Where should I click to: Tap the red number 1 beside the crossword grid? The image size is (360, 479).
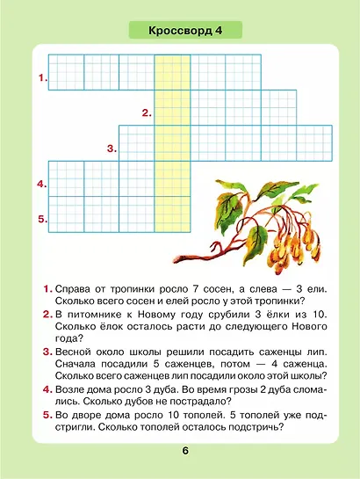pyautogui.click(x=41, y=78)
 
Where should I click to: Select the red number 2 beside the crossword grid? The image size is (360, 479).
pyautogui.click(x=147, y=113)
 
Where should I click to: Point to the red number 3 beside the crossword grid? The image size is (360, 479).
pyautogui.click(x=112, y=149)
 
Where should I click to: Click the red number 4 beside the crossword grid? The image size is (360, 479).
pyautogui.click(x=41, y=185)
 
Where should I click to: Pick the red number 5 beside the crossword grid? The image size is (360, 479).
pyautogui.click(x=41, y=219)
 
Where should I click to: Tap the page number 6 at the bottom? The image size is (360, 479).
pyautogui.click(x=185, y=451)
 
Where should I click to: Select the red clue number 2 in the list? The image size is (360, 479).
pyautogui.click(x=47, y=314)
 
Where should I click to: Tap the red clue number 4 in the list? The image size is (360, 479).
pyautogui.click(x=47, y=388)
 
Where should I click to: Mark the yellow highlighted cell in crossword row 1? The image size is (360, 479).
pyautogui.click(x=171, y=72)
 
